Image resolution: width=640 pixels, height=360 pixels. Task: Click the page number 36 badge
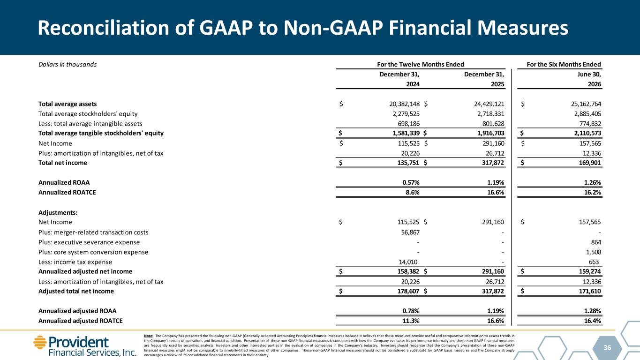(x=607, y=347)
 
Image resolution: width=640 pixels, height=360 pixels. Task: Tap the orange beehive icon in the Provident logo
(x=40, y=342)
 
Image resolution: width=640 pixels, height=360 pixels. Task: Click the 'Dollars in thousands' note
(x=68, y=65)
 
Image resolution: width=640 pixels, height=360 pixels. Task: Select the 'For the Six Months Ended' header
(x=564, y=64)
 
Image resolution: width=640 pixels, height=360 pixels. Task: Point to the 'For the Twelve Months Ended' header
(x=420, y=64)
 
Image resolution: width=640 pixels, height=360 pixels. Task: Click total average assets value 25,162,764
(x=586, y=104)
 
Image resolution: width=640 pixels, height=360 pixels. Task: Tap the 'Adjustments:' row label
(x=58, y=212)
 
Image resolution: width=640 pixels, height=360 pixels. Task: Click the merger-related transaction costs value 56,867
(x=410, y=232)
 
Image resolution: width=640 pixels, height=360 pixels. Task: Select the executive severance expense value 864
(x=596, y=242)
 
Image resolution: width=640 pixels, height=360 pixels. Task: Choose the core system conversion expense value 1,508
(x=594, y=252)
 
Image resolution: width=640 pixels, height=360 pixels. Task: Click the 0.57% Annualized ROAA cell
(x=411, y=182)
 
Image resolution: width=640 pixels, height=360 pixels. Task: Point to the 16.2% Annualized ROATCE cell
(x=593, y=192)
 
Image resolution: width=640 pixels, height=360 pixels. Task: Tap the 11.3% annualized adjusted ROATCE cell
(x=411, y=321)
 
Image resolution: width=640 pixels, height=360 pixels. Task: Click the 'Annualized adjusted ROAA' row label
(x=77, y=311)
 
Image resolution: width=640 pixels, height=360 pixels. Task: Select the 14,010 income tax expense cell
(x=408, y=262)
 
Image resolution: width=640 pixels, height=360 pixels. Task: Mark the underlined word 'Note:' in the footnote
(x=149, y=336)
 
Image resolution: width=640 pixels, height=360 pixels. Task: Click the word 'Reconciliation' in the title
(x=103, y=28)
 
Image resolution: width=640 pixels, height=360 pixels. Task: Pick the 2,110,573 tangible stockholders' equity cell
(x=589, y=133)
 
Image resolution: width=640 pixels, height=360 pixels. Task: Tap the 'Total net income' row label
(x=62, y=163)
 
